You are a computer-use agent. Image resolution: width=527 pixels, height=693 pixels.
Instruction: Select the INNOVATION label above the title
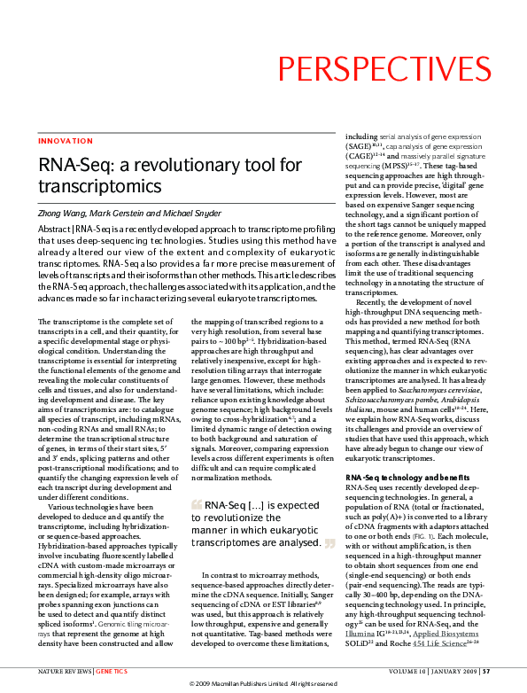click(x=66, y=141)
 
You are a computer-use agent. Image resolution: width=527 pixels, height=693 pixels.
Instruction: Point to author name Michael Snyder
click(x=198, y=214)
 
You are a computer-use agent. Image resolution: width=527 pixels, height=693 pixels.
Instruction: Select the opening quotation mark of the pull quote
click(x=196, y=505)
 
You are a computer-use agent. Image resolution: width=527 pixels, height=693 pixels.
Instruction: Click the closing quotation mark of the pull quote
click(x=329, y=542)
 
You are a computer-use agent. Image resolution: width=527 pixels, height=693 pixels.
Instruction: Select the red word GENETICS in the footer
click(x=112, y=672)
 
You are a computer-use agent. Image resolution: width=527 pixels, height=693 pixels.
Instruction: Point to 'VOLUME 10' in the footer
click(x=402, y=672)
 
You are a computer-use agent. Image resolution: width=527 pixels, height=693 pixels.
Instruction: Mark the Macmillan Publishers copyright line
click(x=263, y=684)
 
